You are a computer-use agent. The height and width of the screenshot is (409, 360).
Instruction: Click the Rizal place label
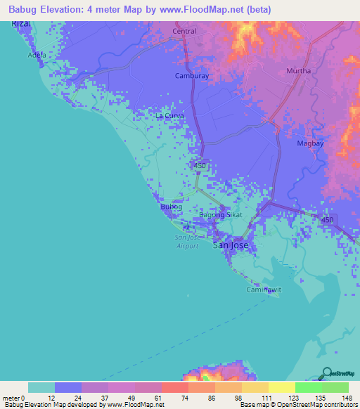[21, 24]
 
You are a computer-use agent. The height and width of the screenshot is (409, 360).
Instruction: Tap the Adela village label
[37, 55]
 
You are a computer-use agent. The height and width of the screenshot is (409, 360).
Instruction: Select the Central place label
[184, 32]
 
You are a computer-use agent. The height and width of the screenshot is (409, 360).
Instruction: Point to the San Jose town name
[230, 246]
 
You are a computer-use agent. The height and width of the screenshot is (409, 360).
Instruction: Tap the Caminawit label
[262, 290]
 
